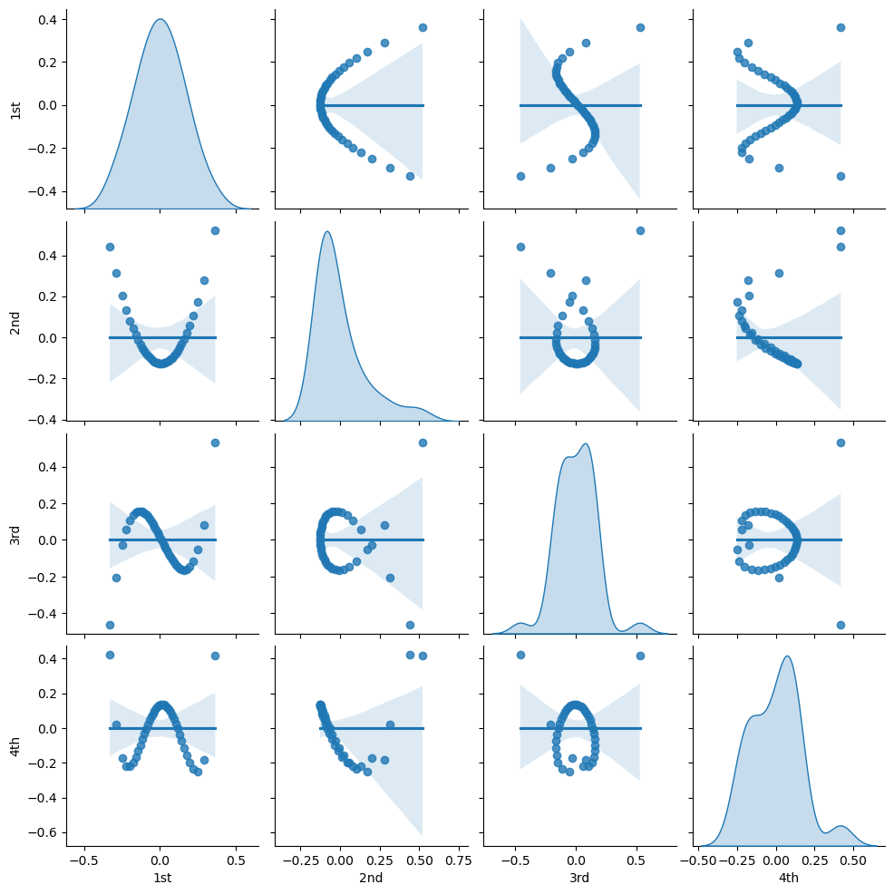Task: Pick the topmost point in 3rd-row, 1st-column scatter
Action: coord(215,442)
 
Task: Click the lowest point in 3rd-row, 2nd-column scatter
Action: coord(410,625)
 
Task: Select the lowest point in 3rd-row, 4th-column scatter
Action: coord(841,625)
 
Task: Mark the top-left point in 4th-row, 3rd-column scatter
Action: coord(520,655)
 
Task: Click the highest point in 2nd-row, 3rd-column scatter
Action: coord(641,230)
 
